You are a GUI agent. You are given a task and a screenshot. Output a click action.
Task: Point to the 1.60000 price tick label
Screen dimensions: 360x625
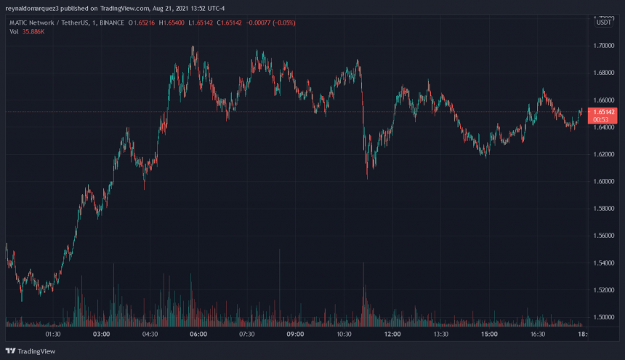[603, 181]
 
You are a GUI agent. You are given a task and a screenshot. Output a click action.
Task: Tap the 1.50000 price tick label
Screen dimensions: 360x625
[603, 317]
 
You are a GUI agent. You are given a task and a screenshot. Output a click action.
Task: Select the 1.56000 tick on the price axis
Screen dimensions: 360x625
[603, 236]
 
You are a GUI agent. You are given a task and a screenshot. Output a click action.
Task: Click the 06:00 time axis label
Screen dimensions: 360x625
[198, 335]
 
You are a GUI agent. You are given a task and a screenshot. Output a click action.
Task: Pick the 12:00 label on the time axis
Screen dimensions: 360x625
[392, 335]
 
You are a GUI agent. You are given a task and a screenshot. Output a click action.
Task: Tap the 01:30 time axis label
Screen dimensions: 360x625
[53, 335]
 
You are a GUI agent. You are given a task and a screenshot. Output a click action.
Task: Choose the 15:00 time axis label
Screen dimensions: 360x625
[489, 335]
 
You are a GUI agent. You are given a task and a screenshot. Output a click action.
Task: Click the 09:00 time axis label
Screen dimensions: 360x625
[295, 335]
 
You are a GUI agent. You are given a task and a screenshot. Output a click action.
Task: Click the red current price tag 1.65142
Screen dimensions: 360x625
[603, 112]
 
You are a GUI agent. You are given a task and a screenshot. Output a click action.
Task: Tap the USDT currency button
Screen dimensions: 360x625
[603, 23]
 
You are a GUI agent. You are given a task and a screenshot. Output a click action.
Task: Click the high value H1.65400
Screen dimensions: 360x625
[172, 23]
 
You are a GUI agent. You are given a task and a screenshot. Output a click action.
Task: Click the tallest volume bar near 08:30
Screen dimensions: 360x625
[280, 251]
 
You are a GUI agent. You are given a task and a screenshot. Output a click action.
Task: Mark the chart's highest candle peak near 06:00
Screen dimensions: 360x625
[193, 47]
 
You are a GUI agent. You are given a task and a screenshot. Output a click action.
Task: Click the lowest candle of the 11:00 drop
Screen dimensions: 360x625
[367, 177]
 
